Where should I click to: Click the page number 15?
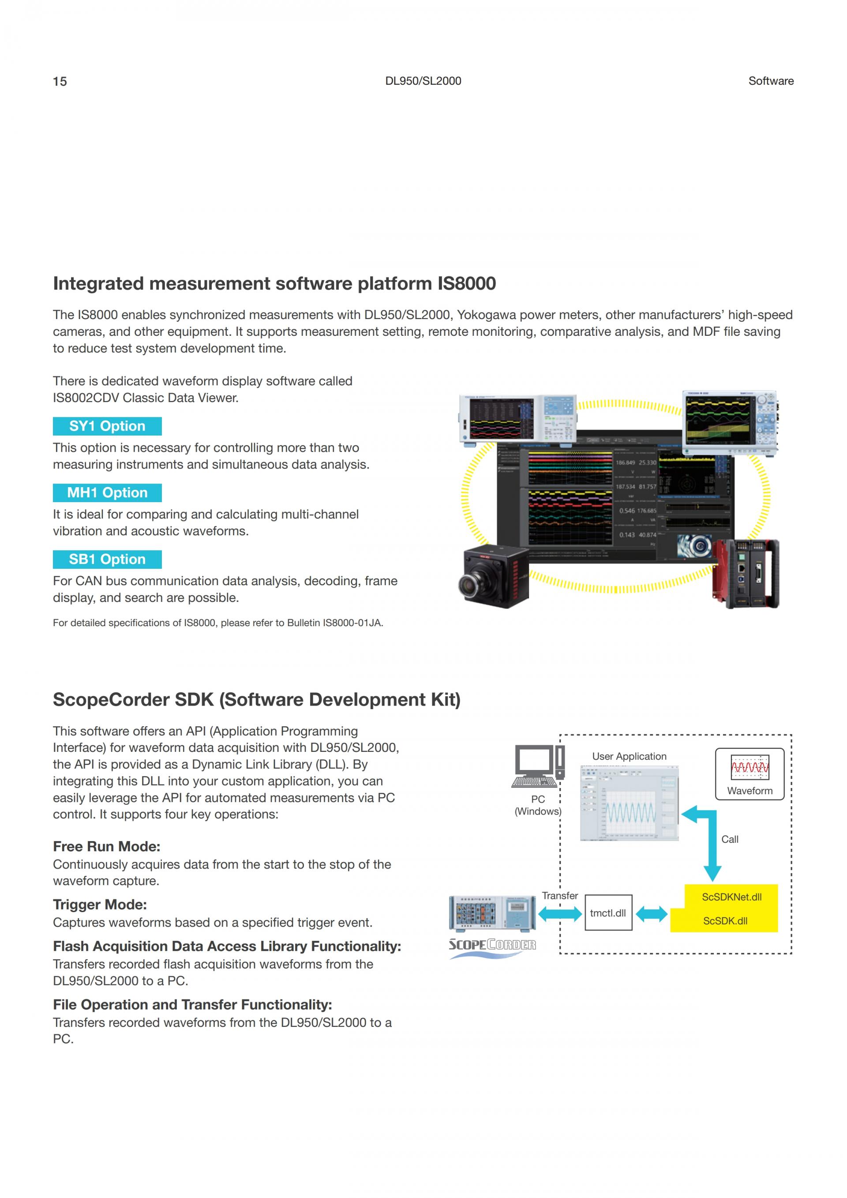pyautogui.click(x=60, y=81)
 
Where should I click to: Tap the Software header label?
pyautogui.click(x=770, y=81)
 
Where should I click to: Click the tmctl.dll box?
pyautogui.click(x=608, y=913)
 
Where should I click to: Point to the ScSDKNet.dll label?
pyautogui.click(x=731, y=897)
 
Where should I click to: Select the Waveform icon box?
pyautogui.click(x=750, y=774)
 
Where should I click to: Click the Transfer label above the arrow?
pyautogui.click(x=560, y=895)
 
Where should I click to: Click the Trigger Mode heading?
pyautogui.click(x=100, y=904)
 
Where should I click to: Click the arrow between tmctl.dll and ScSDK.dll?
pyautogui.click(x=652, y=914)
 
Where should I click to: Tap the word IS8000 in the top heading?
pyautogui.click(x=466, y=283)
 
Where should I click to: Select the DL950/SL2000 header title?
pyautogui.click(x=423, y=81)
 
